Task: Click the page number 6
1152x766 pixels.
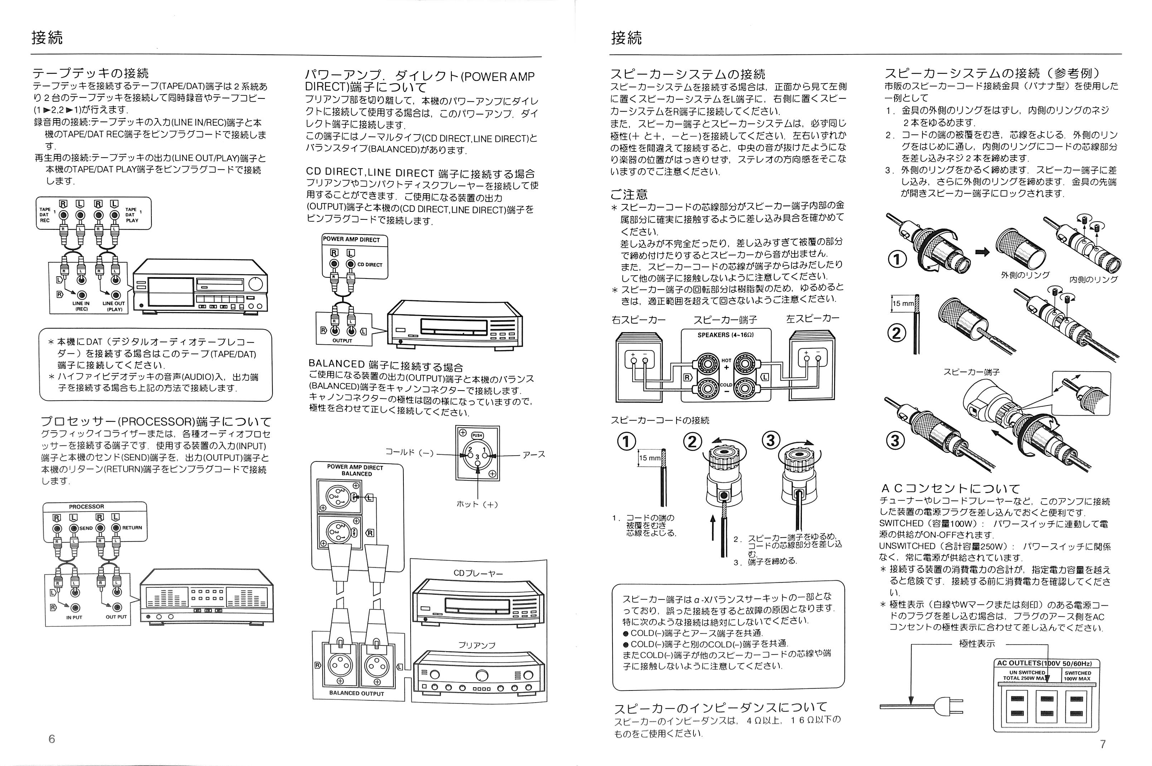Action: coord(52,739)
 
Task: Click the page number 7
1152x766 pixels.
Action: coord(1102,744)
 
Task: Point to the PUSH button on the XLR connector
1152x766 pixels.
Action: coord(477,436)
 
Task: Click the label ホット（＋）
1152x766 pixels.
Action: coord(477,504)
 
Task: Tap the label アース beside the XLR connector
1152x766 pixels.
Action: coord(533,454)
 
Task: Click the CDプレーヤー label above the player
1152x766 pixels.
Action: coord(478,573)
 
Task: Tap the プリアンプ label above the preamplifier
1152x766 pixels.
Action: coord(477,645)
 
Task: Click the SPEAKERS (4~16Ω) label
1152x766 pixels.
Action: coord(726,335)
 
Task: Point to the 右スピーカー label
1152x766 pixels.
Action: coord(638,320)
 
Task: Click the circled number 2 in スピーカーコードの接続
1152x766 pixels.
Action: coord(692,442)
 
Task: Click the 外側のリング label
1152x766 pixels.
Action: coord(1025,275)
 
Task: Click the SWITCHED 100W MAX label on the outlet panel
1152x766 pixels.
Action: coord(1078,676)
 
